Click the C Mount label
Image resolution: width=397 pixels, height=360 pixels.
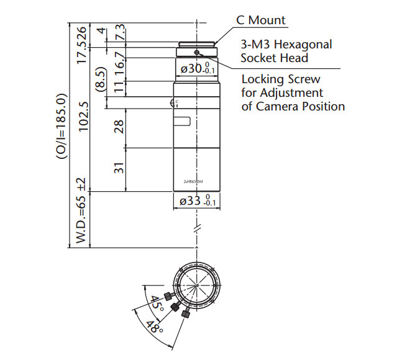coord(260,20)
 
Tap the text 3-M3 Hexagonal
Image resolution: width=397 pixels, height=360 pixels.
coord(286,45)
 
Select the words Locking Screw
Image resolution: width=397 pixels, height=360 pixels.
coord(280,79)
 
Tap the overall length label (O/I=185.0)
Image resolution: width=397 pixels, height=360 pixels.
coord(61,127)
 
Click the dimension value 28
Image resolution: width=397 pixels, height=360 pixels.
coord(119,127)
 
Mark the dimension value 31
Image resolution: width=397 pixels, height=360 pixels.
coord(119,168)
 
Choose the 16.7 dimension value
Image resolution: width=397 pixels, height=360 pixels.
coord(119,63)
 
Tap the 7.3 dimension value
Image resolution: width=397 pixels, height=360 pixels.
coord(119,31)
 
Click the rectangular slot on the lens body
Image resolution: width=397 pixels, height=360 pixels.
coord(181,122)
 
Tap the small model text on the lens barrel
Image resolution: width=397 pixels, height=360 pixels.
coord(194,182)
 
